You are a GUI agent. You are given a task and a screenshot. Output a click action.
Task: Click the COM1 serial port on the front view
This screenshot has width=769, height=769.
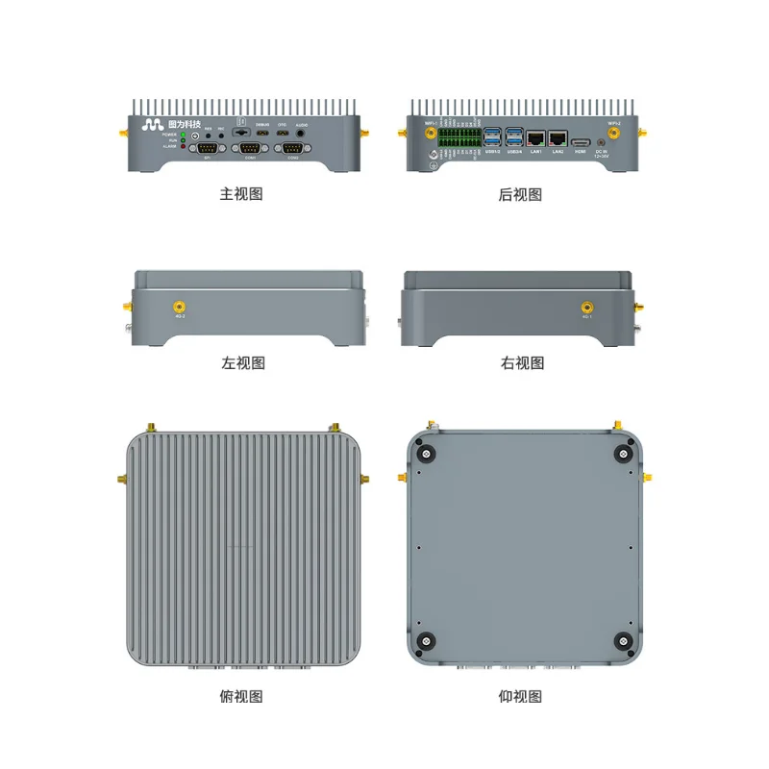(x=250, y=148)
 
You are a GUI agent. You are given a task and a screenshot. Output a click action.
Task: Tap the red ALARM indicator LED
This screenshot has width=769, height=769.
(x=183, y=146)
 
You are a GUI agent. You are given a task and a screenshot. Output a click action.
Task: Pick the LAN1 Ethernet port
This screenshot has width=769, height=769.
(x=536, y=139)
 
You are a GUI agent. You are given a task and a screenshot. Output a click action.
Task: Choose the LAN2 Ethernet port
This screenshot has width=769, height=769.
(x=558, y=139)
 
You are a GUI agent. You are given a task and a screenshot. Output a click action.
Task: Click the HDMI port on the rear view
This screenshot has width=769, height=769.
(x=581, y=142)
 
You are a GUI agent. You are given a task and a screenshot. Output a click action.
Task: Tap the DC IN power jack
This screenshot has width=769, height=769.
(x=602, y=142)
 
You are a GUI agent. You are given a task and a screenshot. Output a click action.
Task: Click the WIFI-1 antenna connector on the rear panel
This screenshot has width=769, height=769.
(x=431, y=134)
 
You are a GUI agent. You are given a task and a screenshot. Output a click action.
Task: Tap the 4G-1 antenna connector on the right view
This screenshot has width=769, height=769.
(x=587, y=306)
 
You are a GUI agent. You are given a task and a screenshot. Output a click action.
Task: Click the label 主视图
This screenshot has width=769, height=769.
(x=241, y=194)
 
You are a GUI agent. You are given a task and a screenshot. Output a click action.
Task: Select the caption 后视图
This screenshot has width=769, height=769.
(x=521, y=194)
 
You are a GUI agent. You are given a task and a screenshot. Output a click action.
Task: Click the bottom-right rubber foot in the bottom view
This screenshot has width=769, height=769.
(x=623, y=641)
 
